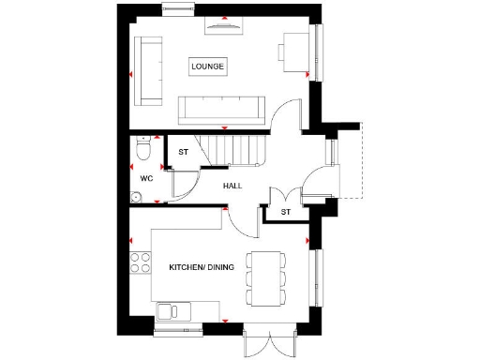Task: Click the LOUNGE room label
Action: [x=207, y=67]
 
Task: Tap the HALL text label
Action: [x=232, y=186]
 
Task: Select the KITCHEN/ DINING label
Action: [x=200, y=268]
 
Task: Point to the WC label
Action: [x=146, y=178]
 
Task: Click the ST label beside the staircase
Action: [x=183, y=151]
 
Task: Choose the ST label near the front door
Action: [x=285, y=213]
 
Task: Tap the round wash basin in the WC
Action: [x=137, y=198]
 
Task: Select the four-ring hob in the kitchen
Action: [x=142, y=263]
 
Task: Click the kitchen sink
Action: [x=172, y=309]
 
